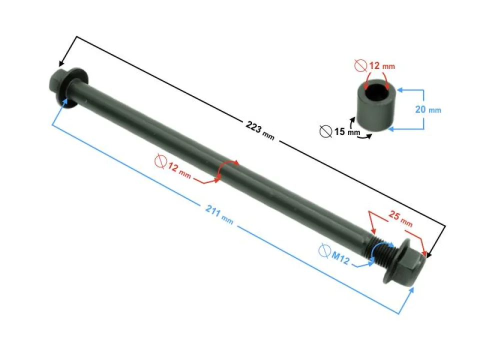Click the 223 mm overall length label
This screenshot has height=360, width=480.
pyautogui.click(x=260, y=130)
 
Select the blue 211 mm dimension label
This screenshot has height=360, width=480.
pyautogui.click(x=219, y=214)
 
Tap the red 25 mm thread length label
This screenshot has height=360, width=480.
pyautogui.click(x=400, y=218)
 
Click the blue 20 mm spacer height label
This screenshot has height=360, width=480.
pyautogui.click(x=428, y=109)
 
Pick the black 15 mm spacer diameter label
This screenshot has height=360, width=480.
pyautogui.click(x=347, y=131)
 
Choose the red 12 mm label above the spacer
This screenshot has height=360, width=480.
pyautogui.click(x=381, y=66)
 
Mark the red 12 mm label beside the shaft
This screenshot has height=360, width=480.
pyautogui.click(x=179, y=170)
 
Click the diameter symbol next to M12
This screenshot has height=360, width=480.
pyautogui.click(x=324, y=250)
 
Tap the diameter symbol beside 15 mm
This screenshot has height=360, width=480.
pyautogui.click(x=325, y=131)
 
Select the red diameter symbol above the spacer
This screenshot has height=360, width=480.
pyautogui.click(x=360, y=65)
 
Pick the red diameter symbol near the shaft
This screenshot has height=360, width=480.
pyautogui.click(x=160, y=161)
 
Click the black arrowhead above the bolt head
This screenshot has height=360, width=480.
pyautogui.click(x=61, y=63)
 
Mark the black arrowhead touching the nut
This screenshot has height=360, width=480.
pyautogui.click(x=430, y=254)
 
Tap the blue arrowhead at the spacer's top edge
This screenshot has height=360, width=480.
pyautogui.click(x=400, y=90)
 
